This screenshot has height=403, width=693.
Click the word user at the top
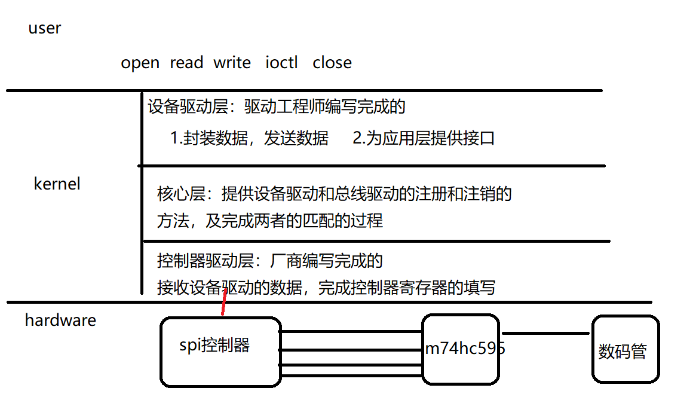click(44, 28)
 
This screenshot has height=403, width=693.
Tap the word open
click(140, 63)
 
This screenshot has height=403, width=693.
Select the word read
click(186, 63)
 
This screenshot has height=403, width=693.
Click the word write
click(232, 63)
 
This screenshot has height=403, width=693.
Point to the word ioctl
click(281, 63)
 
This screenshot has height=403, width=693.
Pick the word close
click(332, 63)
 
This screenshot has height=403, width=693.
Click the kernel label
click(57, 184)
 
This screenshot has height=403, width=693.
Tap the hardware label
click(60, 320)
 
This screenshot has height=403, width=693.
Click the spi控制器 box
click(220, 352)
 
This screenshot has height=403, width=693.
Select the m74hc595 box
click(460, 349)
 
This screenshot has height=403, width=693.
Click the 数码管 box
click(625, 349)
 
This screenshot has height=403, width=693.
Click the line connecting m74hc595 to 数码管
click(545, 334)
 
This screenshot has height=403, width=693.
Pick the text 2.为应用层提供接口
click(424, 139)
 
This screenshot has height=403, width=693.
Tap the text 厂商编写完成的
click(326, 261)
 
